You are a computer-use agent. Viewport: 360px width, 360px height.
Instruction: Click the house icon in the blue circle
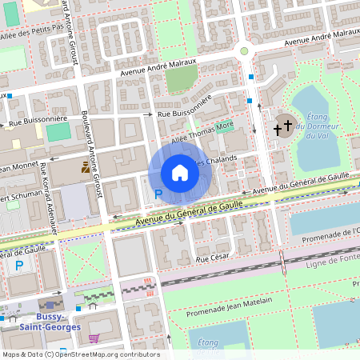(x=180, y=172)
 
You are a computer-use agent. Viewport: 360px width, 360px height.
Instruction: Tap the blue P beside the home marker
(x=158, y=194)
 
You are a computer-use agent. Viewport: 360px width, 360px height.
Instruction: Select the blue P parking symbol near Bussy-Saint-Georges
(x=18, y=266)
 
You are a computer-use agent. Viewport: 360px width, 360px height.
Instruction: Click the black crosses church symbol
(x=282, y=127)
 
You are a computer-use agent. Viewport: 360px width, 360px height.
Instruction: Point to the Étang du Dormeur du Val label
(x=318, y=126)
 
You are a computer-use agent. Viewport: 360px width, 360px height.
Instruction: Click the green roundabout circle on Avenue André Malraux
(x=244, y=51)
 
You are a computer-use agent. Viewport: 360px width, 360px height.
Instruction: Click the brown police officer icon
(x=86, y=169)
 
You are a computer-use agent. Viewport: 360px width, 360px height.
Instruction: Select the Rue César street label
(x=213, y=260)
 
